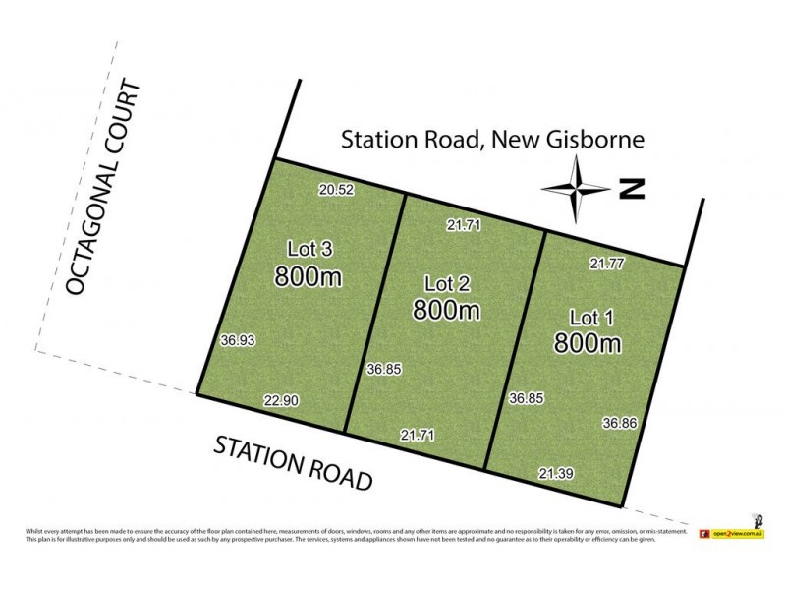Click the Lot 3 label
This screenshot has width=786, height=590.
(308, 249)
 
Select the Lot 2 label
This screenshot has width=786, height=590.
(447, 283)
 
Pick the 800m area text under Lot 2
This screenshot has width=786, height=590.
(447, 311)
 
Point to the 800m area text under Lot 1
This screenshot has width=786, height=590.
(589, 344)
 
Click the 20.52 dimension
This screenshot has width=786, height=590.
(336, 190)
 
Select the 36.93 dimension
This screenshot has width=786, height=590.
(239, 339)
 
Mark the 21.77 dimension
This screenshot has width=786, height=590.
(607, 263)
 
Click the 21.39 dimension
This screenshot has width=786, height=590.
(556, 474)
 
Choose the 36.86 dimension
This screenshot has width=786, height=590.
(620, 422)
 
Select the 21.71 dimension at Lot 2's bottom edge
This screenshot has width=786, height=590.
(418, 434)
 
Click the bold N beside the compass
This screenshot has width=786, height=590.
(631, 189)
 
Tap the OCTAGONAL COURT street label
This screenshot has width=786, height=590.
(103, 189)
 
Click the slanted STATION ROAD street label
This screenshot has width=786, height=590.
(294, 464)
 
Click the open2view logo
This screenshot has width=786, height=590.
(725, 534)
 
